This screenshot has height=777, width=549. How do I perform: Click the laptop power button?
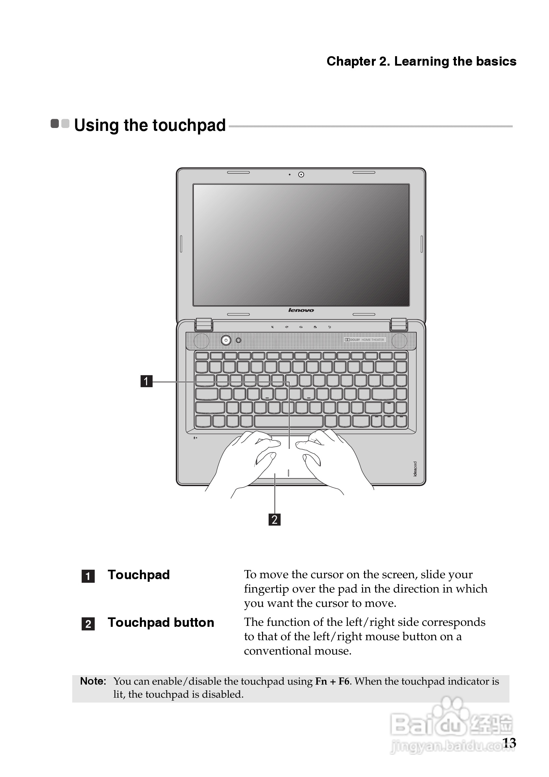pos(225,340)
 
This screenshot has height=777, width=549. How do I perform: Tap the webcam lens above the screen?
pos(301,175)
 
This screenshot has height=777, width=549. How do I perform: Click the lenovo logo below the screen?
pos(301,310)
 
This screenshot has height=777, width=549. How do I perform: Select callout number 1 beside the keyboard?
pos(146,381)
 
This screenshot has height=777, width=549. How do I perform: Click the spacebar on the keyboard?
pos(289,421)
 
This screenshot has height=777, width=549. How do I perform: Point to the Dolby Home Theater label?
pos(364,340)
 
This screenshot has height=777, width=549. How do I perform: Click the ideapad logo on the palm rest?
pos(415,469)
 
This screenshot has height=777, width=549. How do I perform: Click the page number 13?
pos(509,743)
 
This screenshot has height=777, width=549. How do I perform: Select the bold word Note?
pos(93,681)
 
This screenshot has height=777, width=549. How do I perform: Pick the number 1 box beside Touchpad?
pos(88,576)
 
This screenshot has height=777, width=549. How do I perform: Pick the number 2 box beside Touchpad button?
pos(88,624)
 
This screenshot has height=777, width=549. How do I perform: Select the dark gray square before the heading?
pos(55,123)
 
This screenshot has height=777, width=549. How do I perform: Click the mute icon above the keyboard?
pos(272,327)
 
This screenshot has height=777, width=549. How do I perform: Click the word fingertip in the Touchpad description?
pos(266,589)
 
